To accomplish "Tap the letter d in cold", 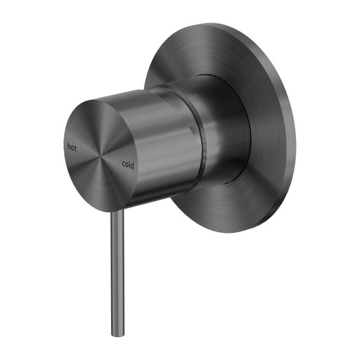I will [133, 166].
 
